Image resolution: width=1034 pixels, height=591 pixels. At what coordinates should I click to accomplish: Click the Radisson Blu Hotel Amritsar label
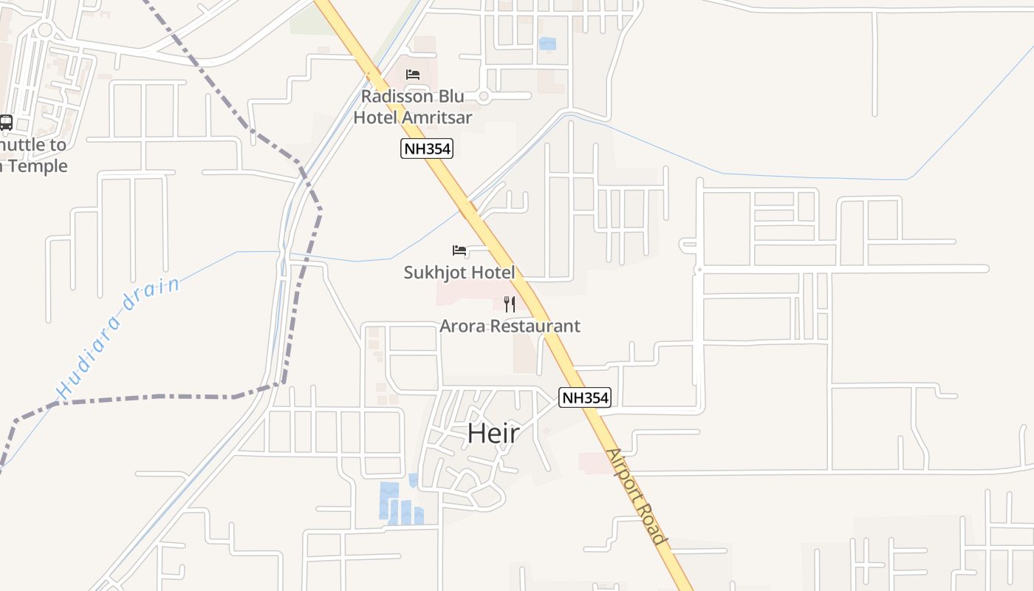[412, 106]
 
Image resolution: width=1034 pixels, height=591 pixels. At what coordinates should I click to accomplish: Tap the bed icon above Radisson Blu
[413, 75]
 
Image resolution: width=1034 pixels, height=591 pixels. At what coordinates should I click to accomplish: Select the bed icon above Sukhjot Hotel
[459, 250]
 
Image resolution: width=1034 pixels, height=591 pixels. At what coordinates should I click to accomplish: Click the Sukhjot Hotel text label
[459, 273]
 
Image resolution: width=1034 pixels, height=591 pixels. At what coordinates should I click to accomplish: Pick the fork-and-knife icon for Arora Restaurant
[510, 304]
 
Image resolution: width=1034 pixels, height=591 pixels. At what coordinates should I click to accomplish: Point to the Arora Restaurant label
[510, 326]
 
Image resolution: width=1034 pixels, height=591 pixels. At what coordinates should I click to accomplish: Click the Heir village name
[493, 434]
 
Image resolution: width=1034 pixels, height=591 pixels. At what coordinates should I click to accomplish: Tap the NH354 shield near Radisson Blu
[426, 148]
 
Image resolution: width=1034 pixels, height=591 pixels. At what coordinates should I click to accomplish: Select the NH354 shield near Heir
[585, 397]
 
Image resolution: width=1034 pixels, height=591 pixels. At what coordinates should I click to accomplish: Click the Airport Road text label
[636, 496]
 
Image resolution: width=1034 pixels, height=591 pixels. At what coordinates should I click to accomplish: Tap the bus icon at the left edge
[6, 123]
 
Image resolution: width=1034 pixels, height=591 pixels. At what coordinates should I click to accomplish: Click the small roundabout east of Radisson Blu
[484, 96]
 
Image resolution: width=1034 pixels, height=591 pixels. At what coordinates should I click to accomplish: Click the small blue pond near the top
[547, 44]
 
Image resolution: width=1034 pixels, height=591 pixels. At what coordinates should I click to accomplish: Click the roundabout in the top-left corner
[44, 30]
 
